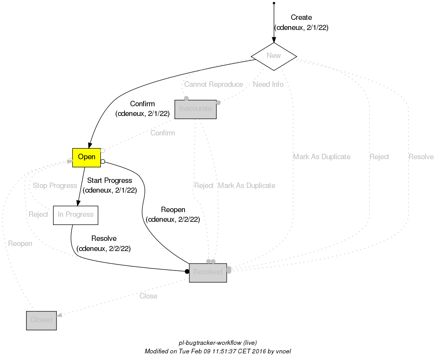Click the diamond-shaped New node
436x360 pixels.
click(274, 56)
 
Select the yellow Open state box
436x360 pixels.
click(86, 157)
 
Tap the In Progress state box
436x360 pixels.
click(76, 215)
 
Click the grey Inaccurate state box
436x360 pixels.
click(195, 109)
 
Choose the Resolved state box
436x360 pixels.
click(208, 272)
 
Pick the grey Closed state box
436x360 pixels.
click(41, 320)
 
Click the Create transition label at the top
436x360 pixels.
click(301, 18)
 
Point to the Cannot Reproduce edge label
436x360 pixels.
click(213, 84)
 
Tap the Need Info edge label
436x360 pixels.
click(268, 84)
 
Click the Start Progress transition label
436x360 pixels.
click(109, 181)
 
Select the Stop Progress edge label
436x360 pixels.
click(55, 186)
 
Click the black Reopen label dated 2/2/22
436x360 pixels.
click(173, 210)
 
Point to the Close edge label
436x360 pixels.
click(148, 296)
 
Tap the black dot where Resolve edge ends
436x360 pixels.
click(187, 271)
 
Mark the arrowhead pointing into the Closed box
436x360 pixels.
click(60, 316)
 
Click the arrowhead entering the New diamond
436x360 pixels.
click(274, 40)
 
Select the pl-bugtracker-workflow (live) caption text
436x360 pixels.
click(218, 343)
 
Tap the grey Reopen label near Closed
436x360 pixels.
click(20, 244)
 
